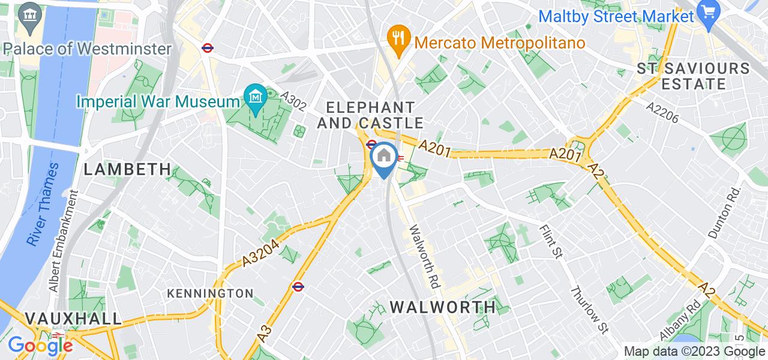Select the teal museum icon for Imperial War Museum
[256, 95]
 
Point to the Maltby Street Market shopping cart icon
[709, 13]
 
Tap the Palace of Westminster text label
[87, 49]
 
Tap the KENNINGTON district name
[210, 293]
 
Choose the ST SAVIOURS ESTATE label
[694, 76]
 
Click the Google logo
[40, 345]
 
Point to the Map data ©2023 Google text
[694, 352]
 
